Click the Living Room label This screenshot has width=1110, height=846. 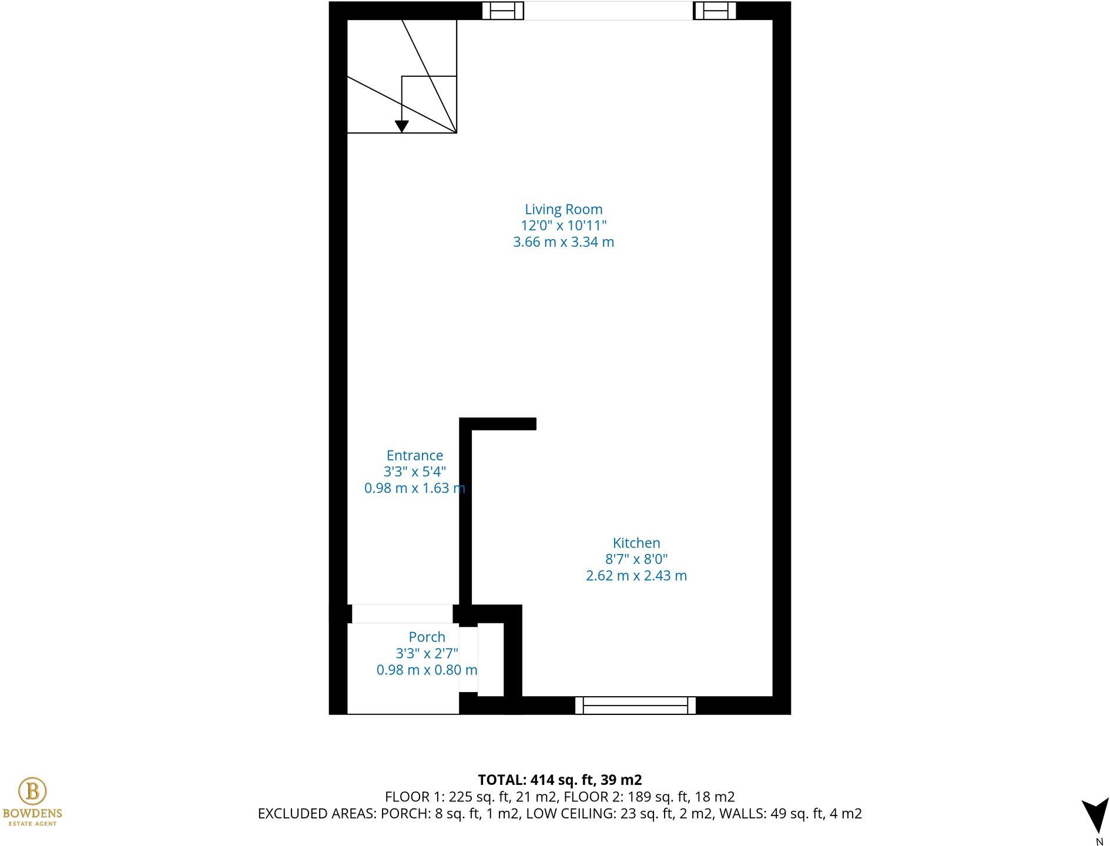(563, 209)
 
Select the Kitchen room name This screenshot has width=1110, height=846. (636, 543)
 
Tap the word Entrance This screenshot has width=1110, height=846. (414, 455)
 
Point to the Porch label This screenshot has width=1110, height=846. (427, 637)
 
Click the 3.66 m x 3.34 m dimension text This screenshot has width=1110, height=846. (563, 242)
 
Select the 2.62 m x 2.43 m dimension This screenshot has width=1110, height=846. (636, 576)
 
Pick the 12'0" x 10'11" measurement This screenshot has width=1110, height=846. (563, 226)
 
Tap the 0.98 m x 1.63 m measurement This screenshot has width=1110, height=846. (414, 488)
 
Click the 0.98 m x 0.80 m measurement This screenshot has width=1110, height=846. (427, 670)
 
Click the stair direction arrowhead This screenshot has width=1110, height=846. (401, 126)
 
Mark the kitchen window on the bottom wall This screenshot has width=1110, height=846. (635, 705)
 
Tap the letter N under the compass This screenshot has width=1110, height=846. (1099, 841)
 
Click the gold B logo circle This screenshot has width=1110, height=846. (32, 791)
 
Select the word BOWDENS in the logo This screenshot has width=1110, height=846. (32, 814)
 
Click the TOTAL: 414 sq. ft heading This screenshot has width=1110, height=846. (559, 780)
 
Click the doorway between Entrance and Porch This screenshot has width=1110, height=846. (402, 614)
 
